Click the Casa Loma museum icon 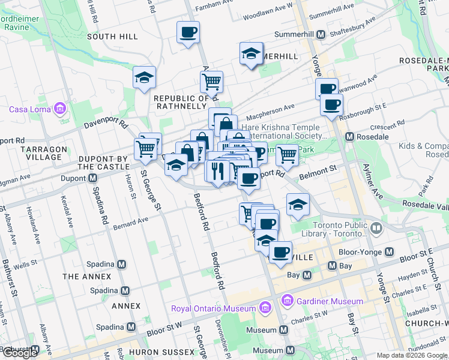[x=59, y=109]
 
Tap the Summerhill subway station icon [x=321, y=34]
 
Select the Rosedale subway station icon [x=349, y=137]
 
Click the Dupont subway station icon [x=93, y=178]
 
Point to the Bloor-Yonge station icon [x=389, y=251]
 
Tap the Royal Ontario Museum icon [x=264, y=308]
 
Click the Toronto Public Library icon [x=376, y=227]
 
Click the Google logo [x=20, y=353]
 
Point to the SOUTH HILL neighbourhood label [x=112, y=37]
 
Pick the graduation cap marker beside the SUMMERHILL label [x=252, y=54]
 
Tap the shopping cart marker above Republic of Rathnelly [x=211, y=81]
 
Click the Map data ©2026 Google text [x=412, y=355]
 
